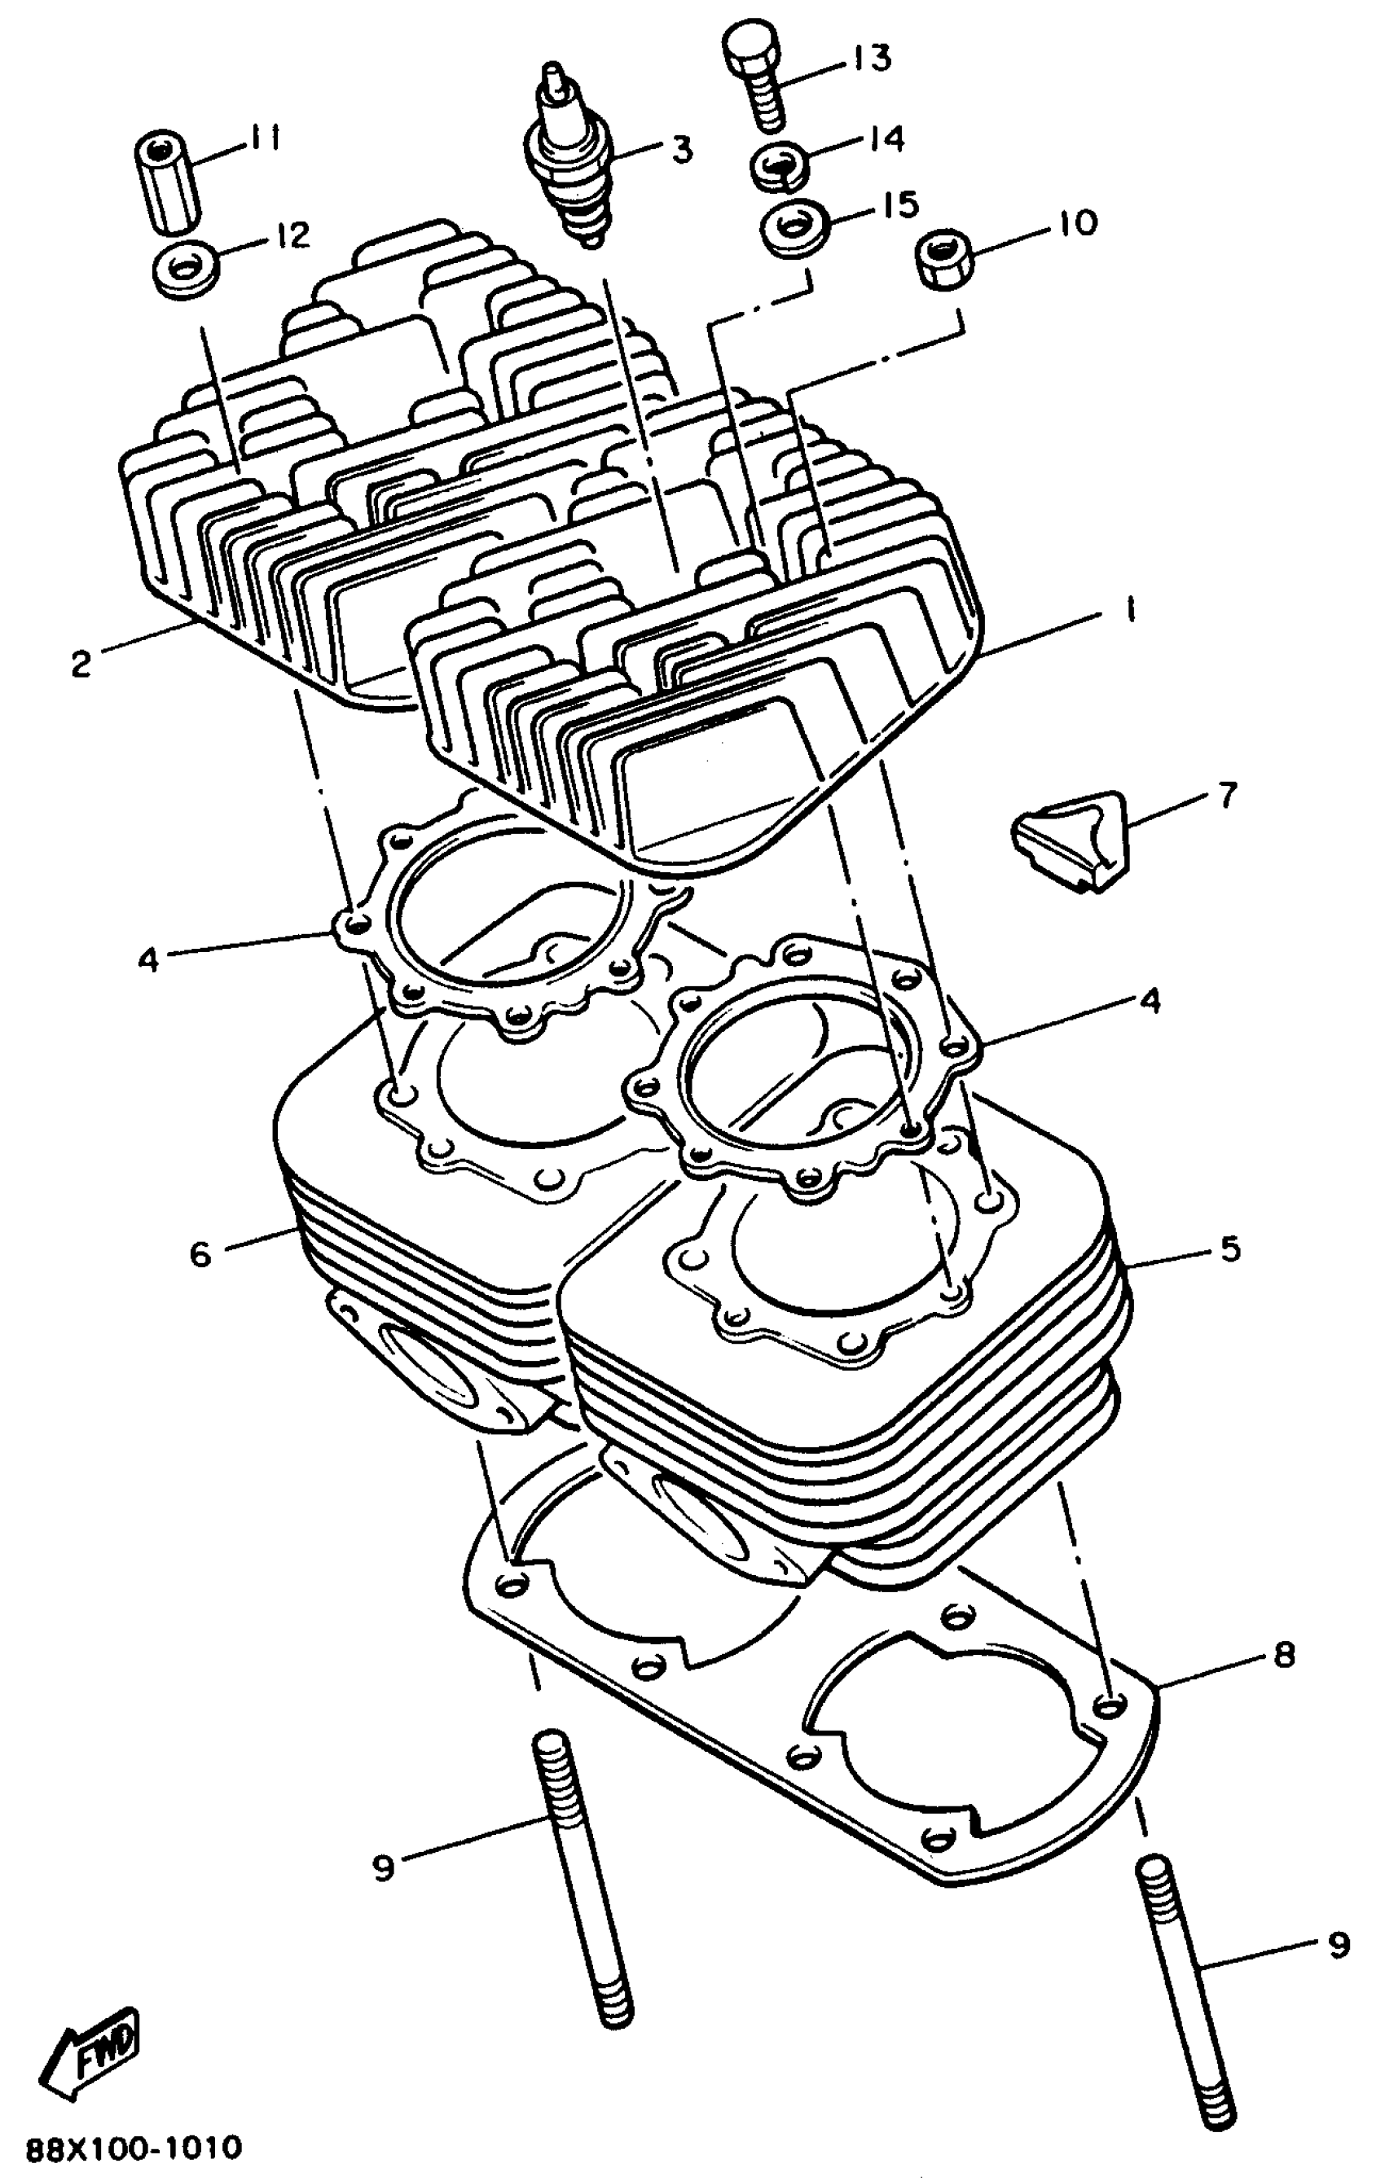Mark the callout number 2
81,665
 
